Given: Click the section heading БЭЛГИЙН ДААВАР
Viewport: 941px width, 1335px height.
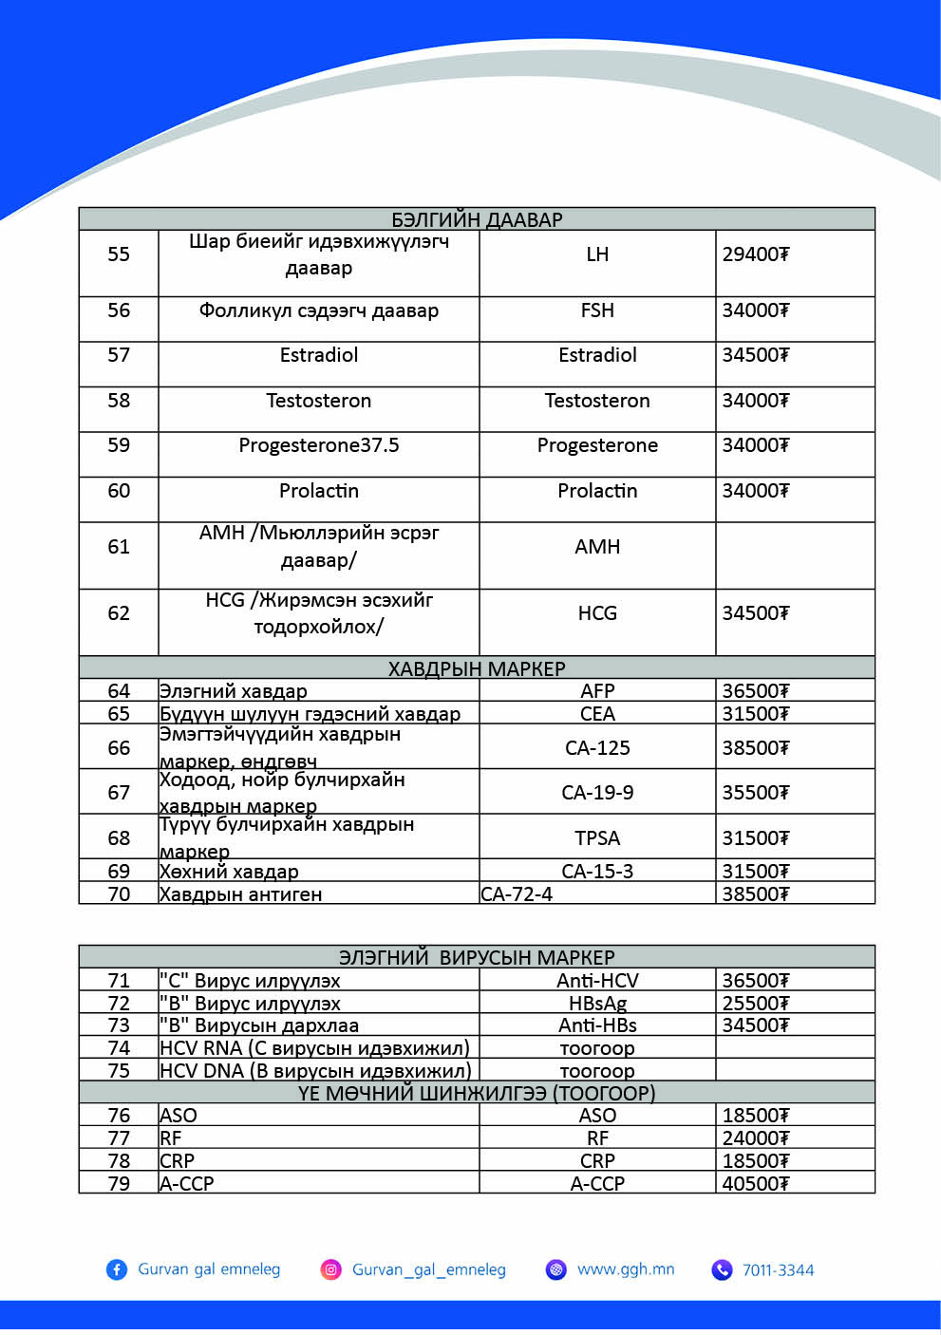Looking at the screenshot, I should (477, 219).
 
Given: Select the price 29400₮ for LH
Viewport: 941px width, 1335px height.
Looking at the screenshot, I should (755, 254).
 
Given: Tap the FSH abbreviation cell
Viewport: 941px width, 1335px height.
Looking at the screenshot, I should (597, 310).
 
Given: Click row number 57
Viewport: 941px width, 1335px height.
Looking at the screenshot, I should (119, 355).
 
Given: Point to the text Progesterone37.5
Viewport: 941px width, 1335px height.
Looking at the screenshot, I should (319, 445).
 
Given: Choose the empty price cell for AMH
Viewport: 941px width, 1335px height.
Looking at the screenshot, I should (794, 555).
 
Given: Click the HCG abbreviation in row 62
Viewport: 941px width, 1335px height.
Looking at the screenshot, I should (597, 613).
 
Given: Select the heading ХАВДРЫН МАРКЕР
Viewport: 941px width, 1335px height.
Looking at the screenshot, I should (477, 668).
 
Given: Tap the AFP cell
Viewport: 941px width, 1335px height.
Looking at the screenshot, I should (597, 691).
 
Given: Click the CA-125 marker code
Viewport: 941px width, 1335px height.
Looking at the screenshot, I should (597, 748).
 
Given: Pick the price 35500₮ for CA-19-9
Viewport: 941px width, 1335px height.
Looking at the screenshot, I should (755, 793).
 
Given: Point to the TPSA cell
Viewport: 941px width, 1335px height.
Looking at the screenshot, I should (597, 838).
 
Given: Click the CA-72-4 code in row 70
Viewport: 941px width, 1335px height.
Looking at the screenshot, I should (517, 894).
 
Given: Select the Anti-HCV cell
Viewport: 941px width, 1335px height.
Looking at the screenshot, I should (597, 981).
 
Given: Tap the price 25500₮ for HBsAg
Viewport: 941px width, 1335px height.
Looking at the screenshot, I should (755, 1004).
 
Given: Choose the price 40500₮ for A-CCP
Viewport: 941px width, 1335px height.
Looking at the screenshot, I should (755, 1184).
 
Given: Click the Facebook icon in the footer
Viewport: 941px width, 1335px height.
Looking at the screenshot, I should (117, 1269).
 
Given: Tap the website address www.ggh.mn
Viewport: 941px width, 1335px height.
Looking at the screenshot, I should (626, 1269).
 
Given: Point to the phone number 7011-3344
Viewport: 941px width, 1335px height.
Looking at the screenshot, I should (778, 1270).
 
